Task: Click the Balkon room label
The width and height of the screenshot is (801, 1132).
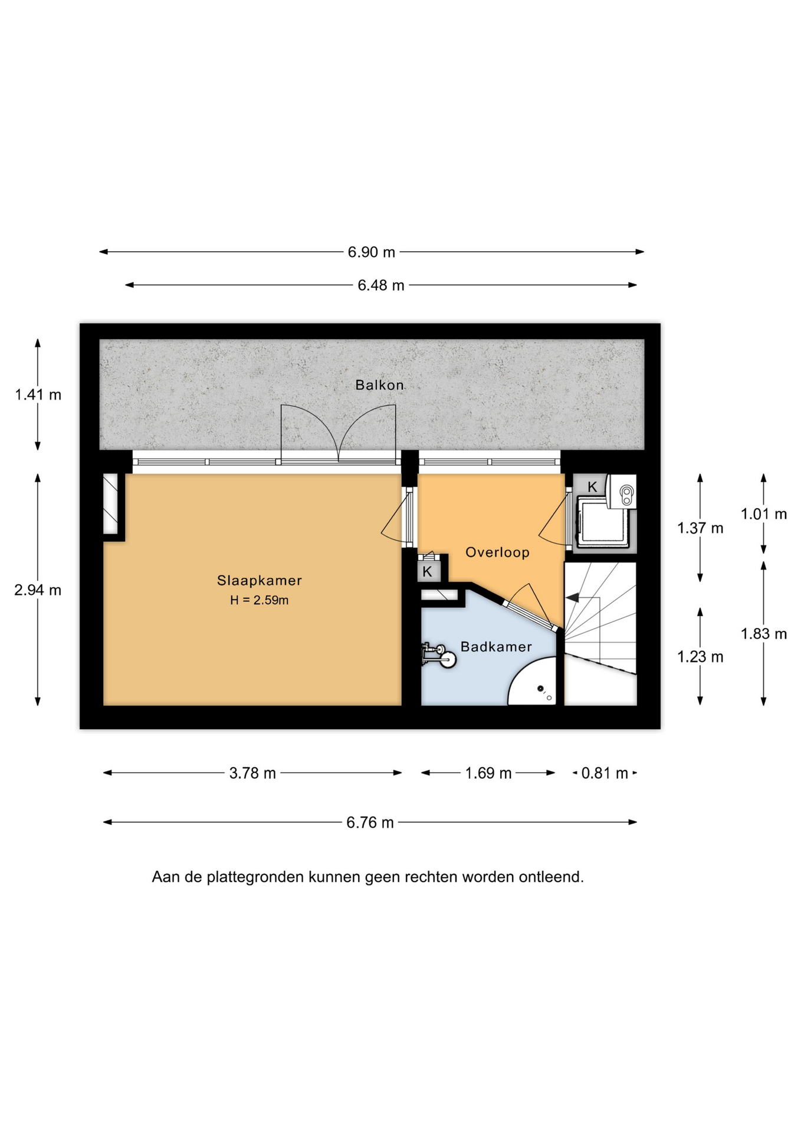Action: click(x=379, y=385)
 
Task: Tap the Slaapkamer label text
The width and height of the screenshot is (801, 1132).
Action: click(x=260, y=580)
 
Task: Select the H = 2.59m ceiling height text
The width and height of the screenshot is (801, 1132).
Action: click(x=260, y=600)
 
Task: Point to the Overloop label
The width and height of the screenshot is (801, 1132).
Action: click(x=497, y=552)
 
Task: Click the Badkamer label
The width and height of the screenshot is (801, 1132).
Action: click(x=496, y=647)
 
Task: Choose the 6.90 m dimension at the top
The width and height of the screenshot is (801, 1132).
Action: click(x=371, y=252)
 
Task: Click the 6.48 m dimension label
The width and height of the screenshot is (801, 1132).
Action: click(x=381, y=285)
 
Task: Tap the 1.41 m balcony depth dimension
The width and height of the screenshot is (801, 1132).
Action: click(x=38, y=394)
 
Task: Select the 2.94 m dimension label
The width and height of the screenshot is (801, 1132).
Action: click(x=38, y=590)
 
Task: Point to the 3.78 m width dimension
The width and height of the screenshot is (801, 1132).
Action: click(x=252, y=773)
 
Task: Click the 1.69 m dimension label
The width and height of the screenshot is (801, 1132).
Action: click(x=488, y=773)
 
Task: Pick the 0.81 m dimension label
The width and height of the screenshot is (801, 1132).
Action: click(x=605, y=773)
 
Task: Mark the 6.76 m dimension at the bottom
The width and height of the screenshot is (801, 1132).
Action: click(x=370, y=822)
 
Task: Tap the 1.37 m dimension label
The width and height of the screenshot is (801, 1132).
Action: click(x=700, y=528)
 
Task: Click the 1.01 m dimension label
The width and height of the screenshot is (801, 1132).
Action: click(x=764, y=514)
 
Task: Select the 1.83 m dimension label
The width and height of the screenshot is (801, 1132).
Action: click(x=764, y=634)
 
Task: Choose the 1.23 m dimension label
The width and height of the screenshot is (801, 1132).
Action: click(x=700, y=657)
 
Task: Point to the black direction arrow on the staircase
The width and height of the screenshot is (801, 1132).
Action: click(x=572, y=598)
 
